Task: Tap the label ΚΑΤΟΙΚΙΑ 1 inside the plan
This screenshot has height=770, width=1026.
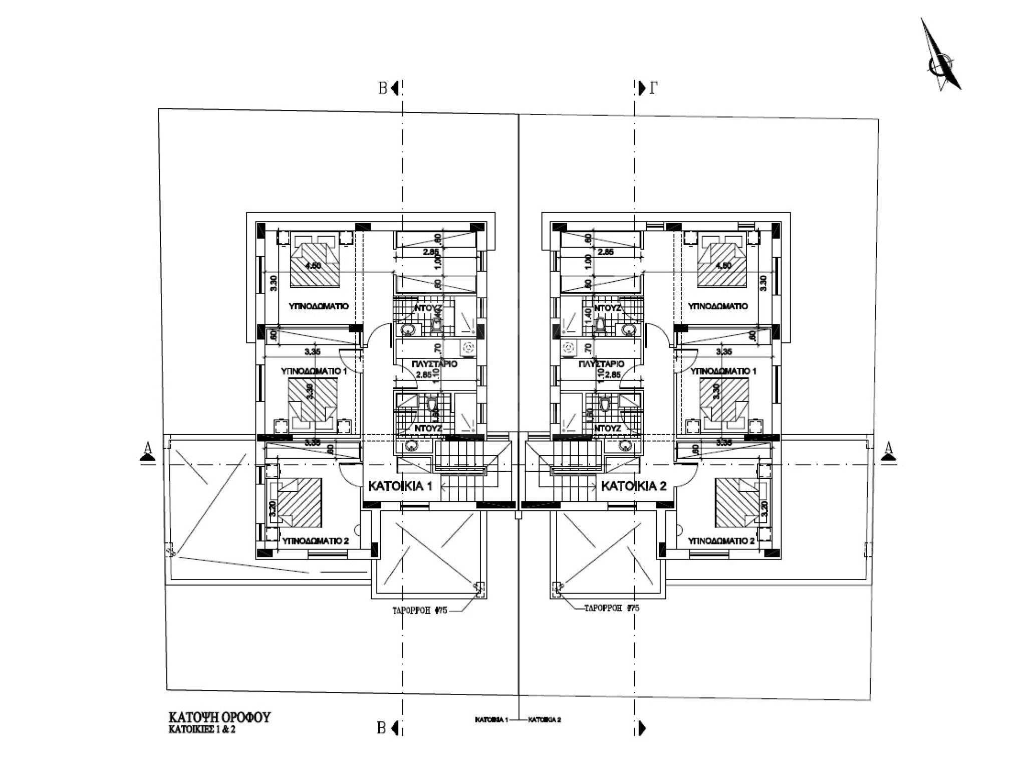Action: tap(400, 486)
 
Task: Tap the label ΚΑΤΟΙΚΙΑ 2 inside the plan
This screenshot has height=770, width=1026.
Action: tap(633, 486)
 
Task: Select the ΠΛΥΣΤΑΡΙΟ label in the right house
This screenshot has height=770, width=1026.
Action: tap(601, 364)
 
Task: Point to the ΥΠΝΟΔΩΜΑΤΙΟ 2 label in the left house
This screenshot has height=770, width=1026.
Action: tap(315, 541)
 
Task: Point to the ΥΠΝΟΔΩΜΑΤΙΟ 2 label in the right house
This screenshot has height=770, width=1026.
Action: tap(721, 541)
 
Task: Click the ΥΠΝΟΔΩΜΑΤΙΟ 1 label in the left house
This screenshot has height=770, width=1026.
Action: tap(314, 371)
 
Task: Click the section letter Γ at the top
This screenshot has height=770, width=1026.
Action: tap(653, 89)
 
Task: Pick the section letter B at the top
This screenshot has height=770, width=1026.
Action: tap(383, 89)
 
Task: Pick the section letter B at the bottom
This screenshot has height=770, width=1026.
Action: tap(382, 728)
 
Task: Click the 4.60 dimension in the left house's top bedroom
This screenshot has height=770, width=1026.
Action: tap(312, 266)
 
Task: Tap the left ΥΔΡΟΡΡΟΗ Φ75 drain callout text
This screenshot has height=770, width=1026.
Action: tap(419, 611)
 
